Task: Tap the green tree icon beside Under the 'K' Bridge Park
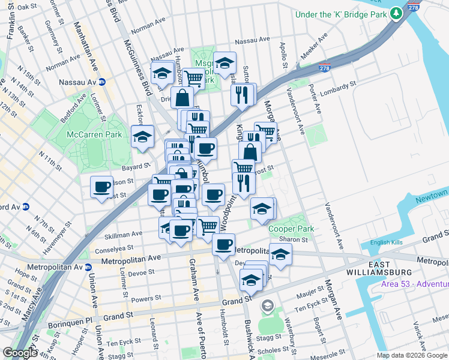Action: click(396, 14)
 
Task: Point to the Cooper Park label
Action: click(291, 229)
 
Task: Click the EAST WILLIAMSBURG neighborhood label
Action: click(392, 269)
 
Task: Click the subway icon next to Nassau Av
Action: click(102, 82)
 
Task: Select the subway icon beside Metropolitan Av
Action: click(88, 267)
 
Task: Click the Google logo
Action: click(19, 352)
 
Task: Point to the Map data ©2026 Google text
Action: click(412, 355)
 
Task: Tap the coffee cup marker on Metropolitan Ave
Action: click(224, 244)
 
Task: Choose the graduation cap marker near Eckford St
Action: click(142, 137)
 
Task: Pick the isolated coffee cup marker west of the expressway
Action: click(101, 187)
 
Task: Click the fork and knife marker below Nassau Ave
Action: click(242, 94)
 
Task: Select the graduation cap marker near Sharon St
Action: click(280, 254)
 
